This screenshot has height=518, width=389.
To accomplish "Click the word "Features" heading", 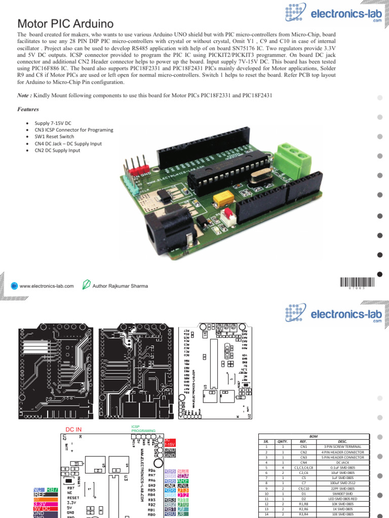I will coord(28,109).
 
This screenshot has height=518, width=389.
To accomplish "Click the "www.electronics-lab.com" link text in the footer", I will coord(47,286).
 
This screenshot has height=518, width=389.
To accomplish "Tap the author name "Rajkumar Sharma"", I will coord(120,286).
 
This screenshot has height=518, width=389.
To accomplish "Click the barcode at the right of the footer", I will coord(359,283).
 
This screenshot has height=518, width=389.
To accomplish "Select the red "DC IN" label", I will coord(74,429).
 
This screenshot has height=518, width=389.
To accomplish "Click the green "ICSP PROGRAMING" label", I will coord(144,428).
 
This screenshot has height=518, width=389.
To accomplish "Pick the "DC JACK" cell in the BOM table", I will coord(346,462).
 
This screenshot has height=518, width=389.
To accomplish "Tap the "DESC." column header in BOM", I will coord(346,441).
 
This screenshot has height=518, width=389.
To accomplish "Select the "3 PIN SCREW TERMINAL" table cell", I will coord(346,447).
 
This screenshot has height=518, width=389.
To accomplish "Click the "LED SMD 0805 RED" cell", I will coord(346,499).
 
